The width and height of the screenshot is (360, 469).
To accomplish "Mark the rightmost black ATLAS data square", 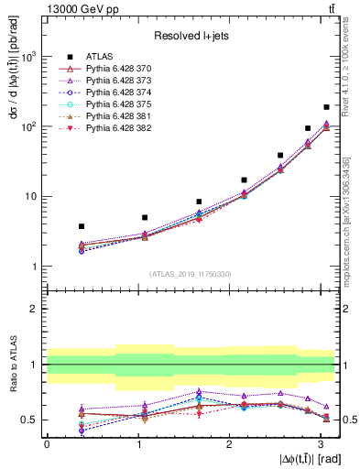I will (x=326, y=107).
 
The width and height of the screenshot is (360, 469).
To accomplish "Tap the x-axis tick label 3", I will (x=320, y=443).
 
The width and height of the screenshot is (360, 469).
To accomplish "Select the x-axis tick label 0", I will (x=47, y=443).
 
